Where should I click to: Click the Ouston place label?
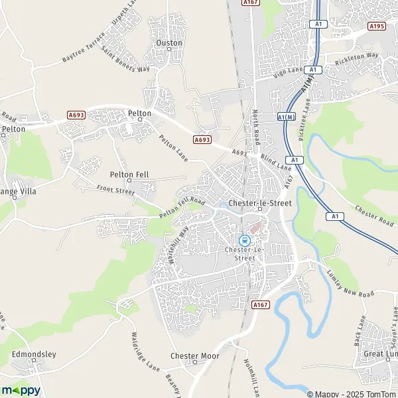168,42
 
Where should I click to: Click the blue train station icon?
243,240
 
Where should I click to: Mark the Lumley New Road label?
350,283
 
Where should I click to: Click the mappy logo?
21,390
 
